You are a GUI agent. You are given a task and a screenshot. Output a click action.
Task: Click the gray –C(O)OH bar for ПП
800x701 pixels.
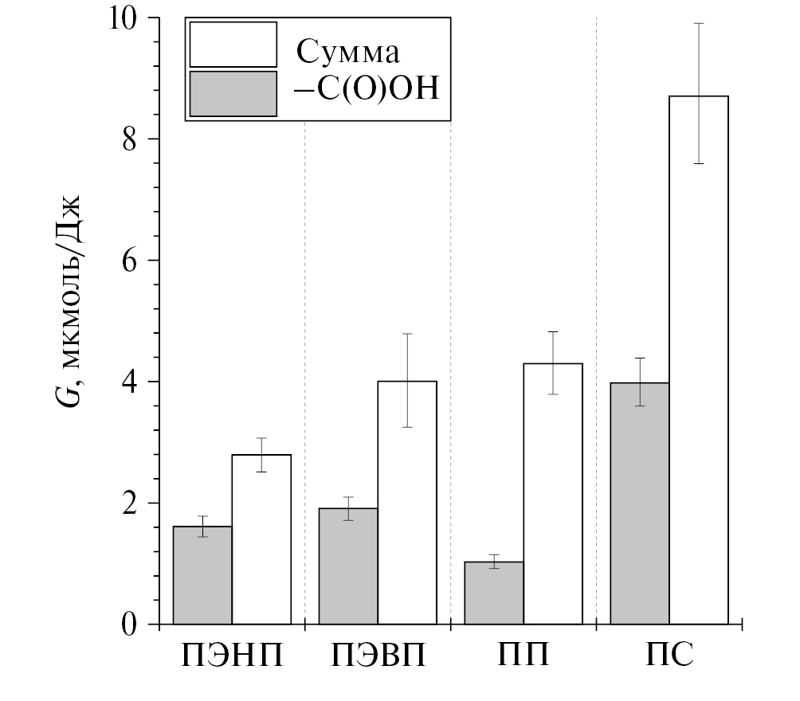[494, 593]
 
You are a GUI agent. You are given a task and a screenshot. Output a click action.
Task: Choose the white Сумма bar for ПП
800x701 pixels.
[553, 494]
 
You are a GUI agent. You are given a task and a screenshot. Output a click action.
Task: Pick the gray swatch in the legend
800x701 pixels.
[233, 94]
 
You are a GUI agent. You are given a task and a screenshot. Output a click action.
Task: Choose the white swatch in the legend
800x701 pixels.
[233, 45]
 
